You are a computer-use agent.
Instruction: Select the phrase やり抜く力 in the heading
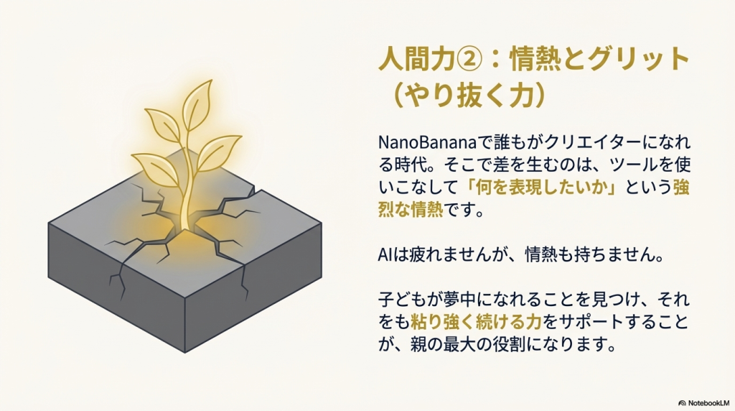[x=470, y=96]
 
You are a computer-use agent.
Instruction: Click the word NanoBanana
[x=426, y=142]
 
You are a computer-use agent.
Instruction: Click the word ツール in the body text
[x=633, y=165]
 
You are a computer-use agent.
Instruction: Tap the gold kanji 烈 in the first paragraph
[x=386, y=210]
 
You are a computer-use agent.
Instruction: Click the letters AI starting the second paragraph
[x=385, y=255]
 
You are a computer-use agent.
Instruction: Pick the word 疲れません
[x=433, y=255]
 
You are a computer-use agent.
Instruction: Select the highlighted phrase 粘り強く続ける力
[x=477, y=322]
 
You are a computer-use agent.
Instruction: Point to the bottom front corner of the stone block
[x=184, y=352]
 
